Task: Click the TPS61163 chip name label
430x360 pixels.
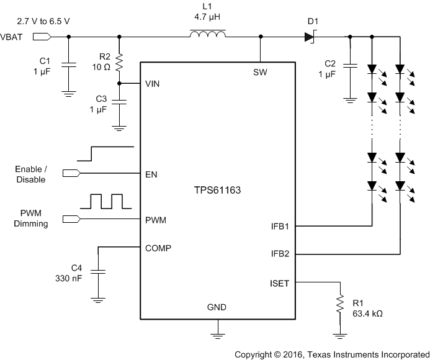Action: coord(217,191)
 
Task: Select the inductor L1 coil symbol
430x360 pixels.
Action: coord(208,37)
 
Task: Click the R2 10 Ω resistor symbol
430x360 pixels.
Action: coord(119,63)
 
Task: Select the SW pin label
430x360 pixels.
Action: coord(260,71)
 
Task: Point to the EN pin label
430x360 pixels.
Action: coord(151,174)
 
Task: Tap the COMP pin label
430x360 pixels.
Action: coord(158,248)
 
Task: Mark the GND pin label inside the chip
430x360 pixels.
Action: coord(217,307)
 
